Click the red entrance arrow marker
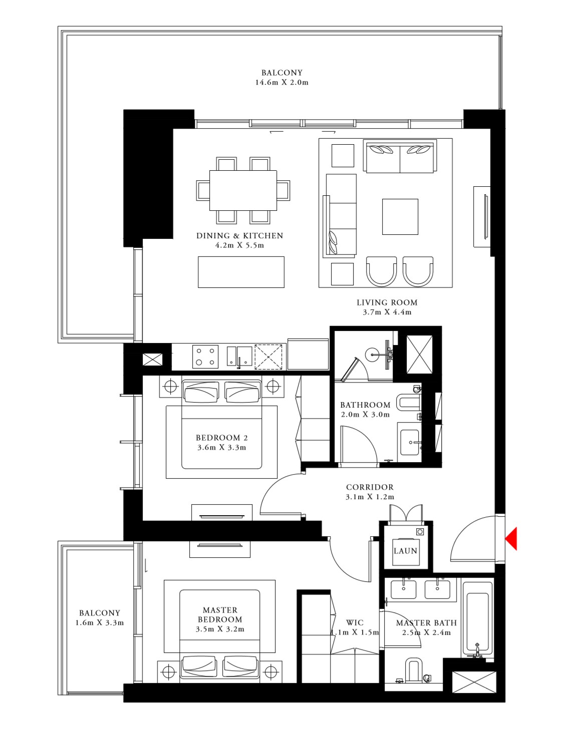click(511, 539)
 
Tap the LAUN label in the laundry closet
click(405, 551)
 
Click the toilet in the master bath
click(413, 670)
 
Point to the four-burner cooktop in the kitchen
click(205, 357)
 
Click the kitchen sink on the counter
click(239, 356)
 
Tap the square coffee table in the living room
click(400, 216)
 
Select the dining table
click(243, 190)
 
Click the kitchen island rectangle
click(241, 272)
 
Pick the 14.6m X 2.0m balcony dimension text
click(281, 82)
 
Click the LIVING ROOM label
click(387, 302)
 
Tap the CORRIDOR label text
click(370, 487)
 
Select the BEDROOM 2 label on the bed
click(221, 438)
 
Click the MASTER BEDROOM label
click(220, 614)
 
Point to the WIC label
click(355, 622)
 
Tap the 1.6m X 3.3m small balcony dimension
click(99, 623)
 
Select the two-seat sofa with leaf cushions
click(400, 157)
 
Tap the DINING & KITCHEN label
click(239, 235)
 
